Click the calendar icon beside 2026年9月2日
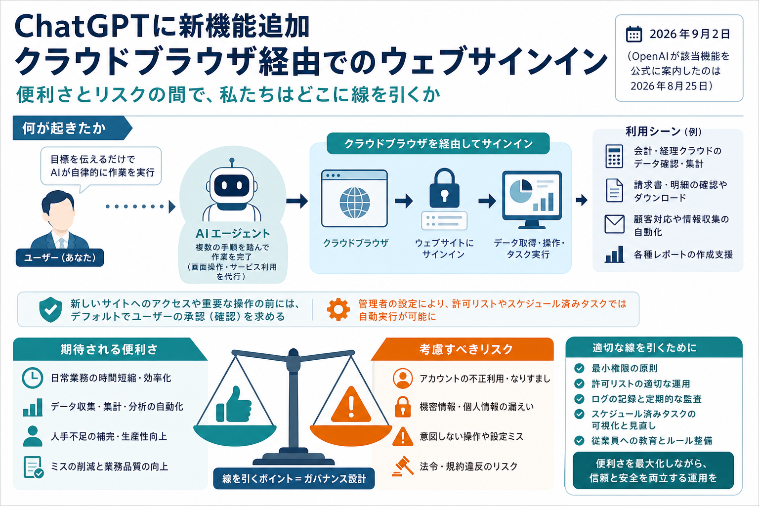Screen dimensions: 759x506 point(633,34)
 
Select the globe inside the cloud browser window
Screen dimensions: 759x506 point(354,203)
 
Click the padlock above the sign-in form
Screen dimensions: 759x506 point(444,188)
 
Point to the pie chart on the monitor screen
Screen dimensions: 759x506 point(521,191)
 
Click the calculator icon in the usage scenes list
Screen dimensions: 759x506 point(614,157)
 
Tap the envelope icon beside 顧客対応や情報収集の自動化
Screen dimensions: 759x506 point(614,224)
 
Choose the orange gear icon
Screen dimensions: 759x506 point(338,309)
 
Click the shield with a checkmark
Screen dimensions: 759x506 point(50,309)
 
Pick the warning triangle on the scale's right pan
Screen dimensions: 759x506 point(351,405)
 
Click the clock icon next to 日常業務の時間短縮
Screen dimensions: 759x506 point(33,378)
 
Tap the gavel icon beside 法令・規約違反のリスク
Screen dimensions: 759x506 point(403,466)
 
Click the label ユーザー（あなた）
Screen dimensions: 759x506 point(60,257)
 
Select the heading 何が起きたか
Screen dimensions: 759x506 point(64,128)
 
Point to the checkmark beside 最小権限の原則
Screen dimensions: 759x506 point(580,368)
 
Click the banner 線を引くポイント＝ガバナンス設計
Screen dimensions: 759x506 point(294,478)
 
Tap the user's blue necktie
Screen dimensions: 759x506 point(61,243)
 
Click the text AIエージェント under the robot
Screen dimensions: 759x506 point(233,234)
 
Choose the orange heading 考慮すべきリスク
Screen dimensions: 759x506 point(466,349)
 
